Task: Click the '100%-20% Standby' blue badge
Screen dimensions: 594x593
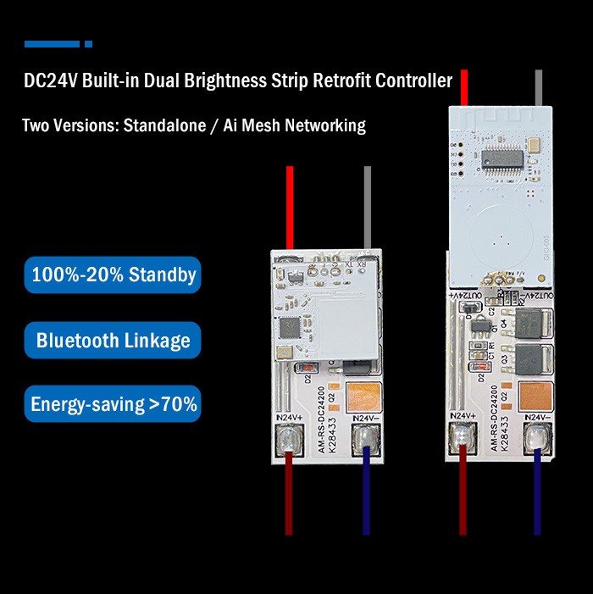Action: (113, 275)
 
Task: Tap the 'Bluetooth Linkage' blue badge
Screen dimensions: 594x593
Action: (113, 341)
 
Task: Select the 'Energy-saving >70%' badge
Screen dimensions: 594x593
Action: (113, 404)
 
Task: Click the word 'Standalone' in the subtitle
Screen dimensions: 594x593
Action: (164, 126)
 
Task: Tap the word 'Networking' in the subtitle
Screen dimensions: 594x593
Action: (325, 126)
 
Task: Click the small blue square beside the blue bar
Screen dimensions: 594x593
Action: (88, 44)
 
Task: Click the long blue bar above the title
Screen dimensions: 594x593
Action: (52, 44)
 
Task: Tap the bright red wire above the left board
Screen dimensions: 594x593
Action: (289, 203)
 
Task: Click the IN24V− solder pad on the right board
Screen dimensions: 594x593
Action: (537, 438)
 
